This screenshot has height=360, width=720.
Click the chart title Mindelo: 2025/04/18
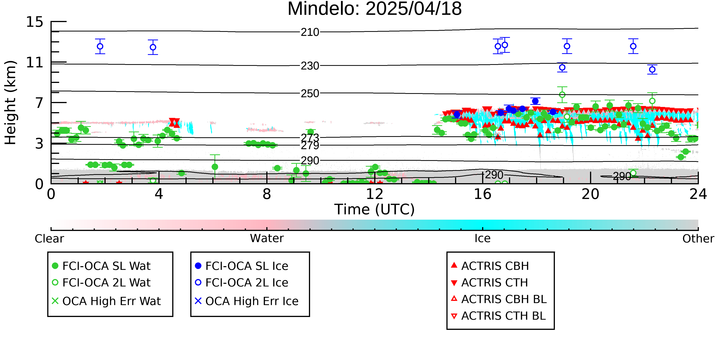[x=375, y=9]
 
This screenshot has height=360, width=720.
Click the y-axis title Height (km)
[x=11, y=103]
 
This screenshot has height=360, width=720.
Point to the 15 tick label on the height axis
[x=35, y=22]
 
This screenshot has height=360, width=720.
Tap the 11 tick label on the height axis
[x=35, y=62]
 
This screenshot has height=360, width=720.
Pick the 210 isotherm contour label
[x=310, y=32]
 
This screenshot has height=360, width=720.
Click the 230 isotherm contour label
[x=310, y=66]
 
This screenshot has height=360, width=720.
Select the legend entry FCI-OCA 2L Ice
[x=242, y=283]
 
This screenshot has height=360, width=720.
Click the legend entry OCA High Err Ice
[x=247, y=301]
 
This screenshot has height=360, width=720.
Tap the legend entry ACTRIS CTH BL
[x=498, y=316]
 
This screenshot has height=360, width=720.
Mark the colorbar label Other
[x=698, y=239]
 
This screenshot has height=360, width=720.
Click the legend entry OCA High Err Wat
[x=107, y=301]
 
